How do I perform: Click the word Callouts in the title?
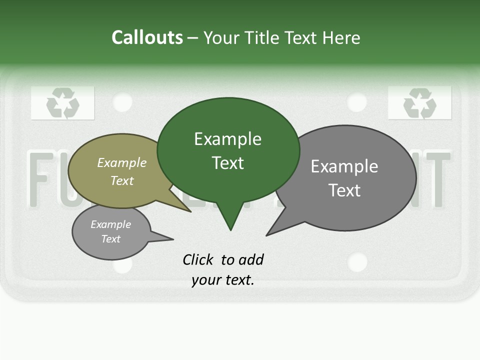click(147, 37)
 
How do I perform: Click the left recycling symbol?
click(62, 103)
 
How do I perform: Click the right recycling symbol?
click(419, 103)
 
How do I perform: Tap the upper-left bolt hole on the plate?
click(122, 102)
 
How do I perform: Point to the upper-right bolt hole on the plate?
click(356, 102)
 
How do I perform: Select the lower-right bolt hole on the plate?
click(357, 262)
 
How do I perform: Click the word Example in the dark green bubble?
click(227, 139)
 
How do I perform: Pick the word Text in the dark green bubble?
click(227, 163)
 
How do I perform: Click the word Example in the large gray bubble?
click(344, 166)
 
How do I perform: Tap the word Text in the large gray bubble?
click(344, 190)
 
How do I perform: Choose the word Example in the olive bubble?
click(121, 162)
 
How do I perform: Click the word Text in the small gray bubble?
click(110, 239)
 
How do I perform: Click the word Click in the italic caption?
click(197, 259)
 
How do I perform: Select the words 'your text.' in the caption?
click(222, 280)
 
